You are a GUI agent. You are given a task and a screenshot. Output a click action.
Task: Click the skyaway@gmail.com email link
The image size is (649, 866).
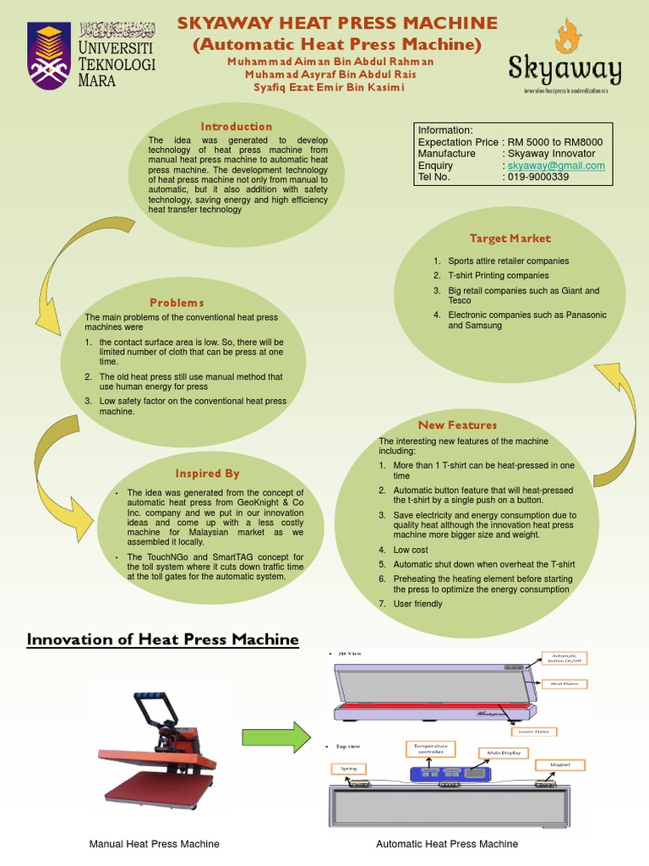point(556,166)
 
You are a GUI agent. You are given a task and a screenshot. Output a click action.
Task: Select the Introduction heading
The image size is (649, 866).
point(236,127)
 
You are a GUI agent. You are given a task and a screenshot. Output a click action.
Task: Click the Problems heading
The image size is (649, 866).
point(177,303)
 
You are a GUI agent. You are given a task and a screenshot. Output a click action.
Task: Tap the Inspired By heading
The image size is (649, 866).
point(207,474)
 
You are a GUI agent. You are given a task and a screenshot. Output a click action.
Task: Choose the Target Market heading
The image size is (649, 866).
point(510,238)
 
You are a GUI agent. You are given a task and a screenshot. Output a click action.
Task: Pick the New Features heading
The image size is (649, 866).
point(457,425)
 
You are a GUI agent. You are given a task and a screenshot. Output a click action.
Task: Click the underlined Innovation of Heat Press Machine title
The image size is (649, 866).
point(163,639)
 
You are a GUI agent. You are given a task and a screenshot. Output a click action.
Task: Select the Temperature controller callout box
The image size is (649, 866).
point(431,748)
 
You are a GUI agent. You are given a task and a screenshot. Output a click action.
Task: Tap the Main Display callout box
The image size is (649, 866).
point(503,753)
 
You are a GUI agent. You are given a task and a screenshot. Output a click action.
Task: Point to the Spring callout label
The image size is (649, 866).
point(348,768)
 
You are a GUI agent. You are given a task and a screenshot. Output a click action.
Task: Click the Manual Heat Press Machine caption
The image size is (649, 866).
point(155,844)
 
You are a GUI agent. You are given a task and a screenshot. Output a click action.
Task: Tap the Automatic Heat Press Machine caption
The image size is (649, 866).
point(447,844)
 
